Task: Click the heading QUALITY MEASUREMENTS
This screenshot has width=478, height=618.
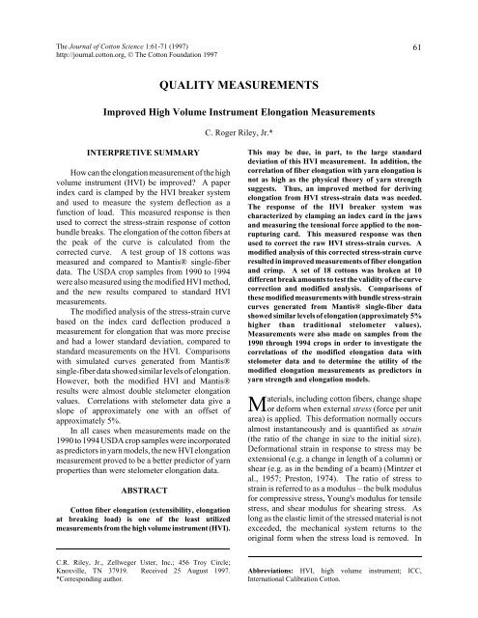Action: click(x=239, y=84)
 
